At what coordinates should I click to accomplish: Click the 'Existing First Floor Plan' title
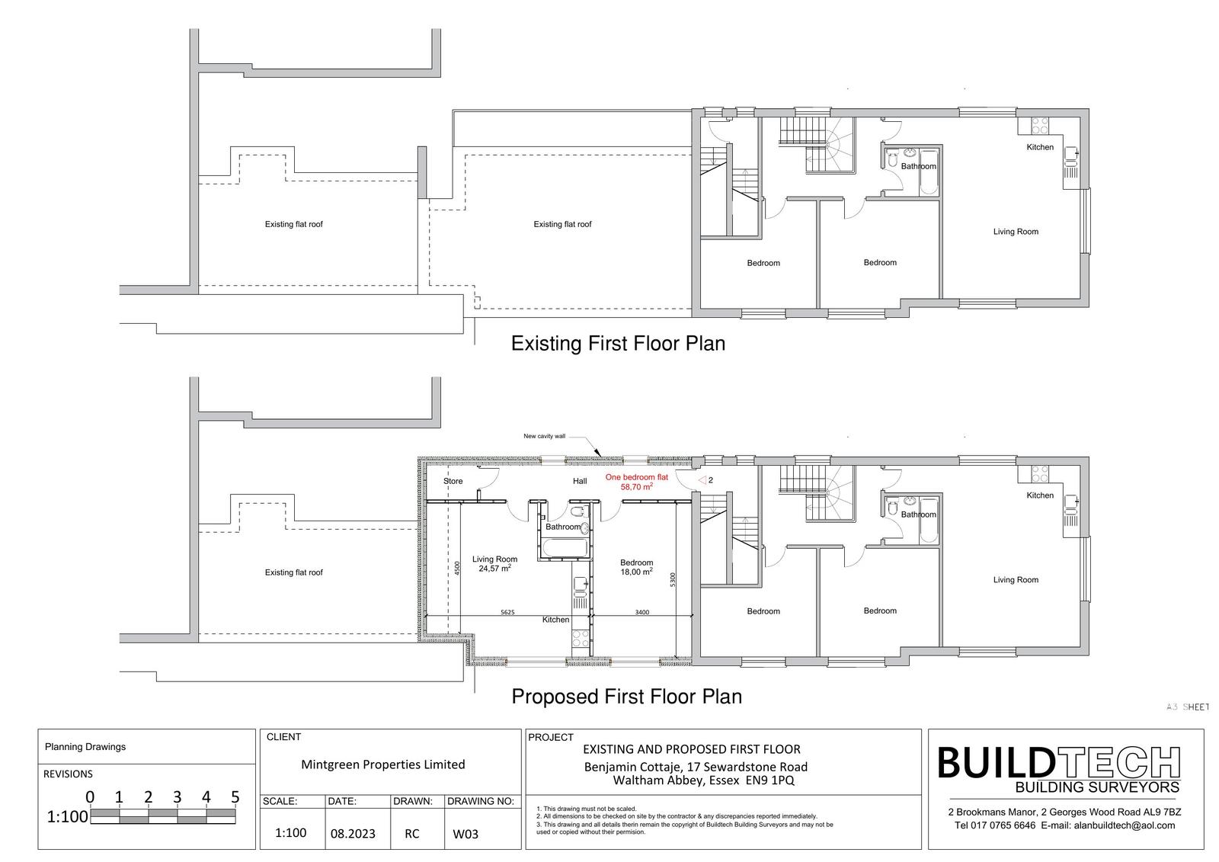click(x=618, y=344)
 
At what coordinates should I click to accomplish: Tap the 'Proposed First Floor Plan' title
click(x=626, y=697)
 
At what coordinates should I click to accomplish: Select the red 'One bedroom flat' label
click(x=637, y=478)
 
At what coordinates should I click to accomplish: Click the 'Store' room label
click(x=453, y=481)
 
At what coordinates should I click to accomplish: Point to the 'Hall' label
click(x=580, y=481)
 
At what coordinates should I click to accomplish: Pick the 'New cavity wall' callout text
click(x=544, y=436)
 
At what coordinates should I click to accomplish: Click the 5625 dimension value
click(x=507, y=612)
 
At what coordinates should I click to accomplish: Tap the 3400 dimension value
click(x=642, y=612)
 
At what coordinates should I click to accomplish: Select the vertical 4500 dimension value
click(x=457, y=569)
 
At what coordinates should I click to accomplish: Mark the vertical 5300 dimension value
click(x=673, y=579)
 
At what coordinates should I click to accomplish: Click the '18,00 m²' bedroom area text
click(x=637, y=572)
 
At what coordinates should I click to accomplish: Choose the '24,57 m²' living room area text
click(x=494, y=568)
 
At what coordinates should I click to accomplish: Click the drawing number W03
click(x=466, y=834)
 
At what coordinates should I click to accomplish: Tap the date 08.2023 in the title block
click(x=353, y=834)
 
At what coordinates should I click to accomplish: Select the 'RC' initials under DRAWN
click(x=412, y=834)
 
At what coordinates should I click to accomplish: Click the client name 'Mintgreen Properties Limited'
click(x=383, y=764)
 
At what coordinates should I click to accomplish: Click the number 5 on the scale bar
click(x=235, y=797)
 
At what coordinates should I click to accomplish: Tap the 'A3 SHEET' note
click(x=1188, y=707)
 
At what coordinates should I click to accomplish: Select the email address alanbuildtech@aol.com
click(x=1125, y=825)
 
